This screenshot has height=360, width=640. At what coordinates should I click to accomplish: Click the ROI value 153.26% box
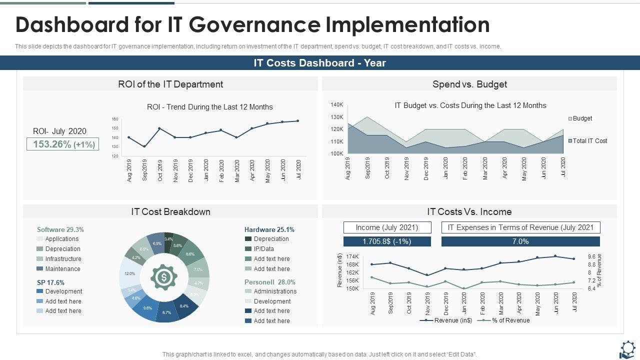pyautogui.click(x=63, y=144)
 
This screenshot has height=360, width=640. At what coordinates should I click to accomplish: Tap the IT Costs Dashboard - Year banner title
pyautogui.click(x=320, y=63)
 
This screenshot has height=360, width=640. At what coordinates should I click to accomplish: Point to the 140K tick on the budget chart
pyautogui.click(x=336, y=105)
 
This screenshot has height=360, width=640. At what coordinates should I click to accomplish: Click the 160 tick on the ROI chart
pyautogui.click(x=115, y=119)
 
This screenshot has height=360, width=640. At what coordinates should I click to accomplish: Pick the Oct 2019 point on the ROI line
pyautogui.click(x=159, y=128)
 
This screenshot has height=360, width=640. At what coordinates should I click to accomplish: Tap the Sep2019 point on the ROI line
pyautogui.click(x=144, y=146)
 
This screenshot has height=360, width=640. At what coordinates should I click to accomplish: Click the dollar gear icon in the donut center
pyautogui.click(x=163, y=276)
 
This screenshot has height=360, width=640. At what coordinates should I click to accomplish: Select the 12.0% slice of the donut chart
pyautogui.click(x=129, y=273)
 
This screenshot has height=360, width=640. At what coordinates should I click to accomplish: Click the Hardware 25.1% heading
pyautogui.click(x=269, y=229)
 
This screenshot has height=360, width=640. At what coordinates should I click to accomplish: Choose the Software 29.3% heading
pyautogui.click(x=60, y=229)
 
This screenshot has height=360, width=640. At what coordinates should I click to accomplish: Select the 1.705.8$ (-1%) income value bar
pyautogui.click(x=387, y=241)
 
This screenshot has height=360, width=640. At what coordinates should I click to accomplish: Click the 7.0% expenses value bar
pyautogui.click(x=520, y=241)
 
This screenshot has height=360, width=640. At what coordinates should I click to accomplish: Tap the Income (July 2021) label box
pyautogui.click(x=387, y=227)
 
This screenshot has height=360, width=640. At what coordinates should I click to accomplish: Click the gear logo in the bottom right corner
pyautogui.click(x=627, y=348)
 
